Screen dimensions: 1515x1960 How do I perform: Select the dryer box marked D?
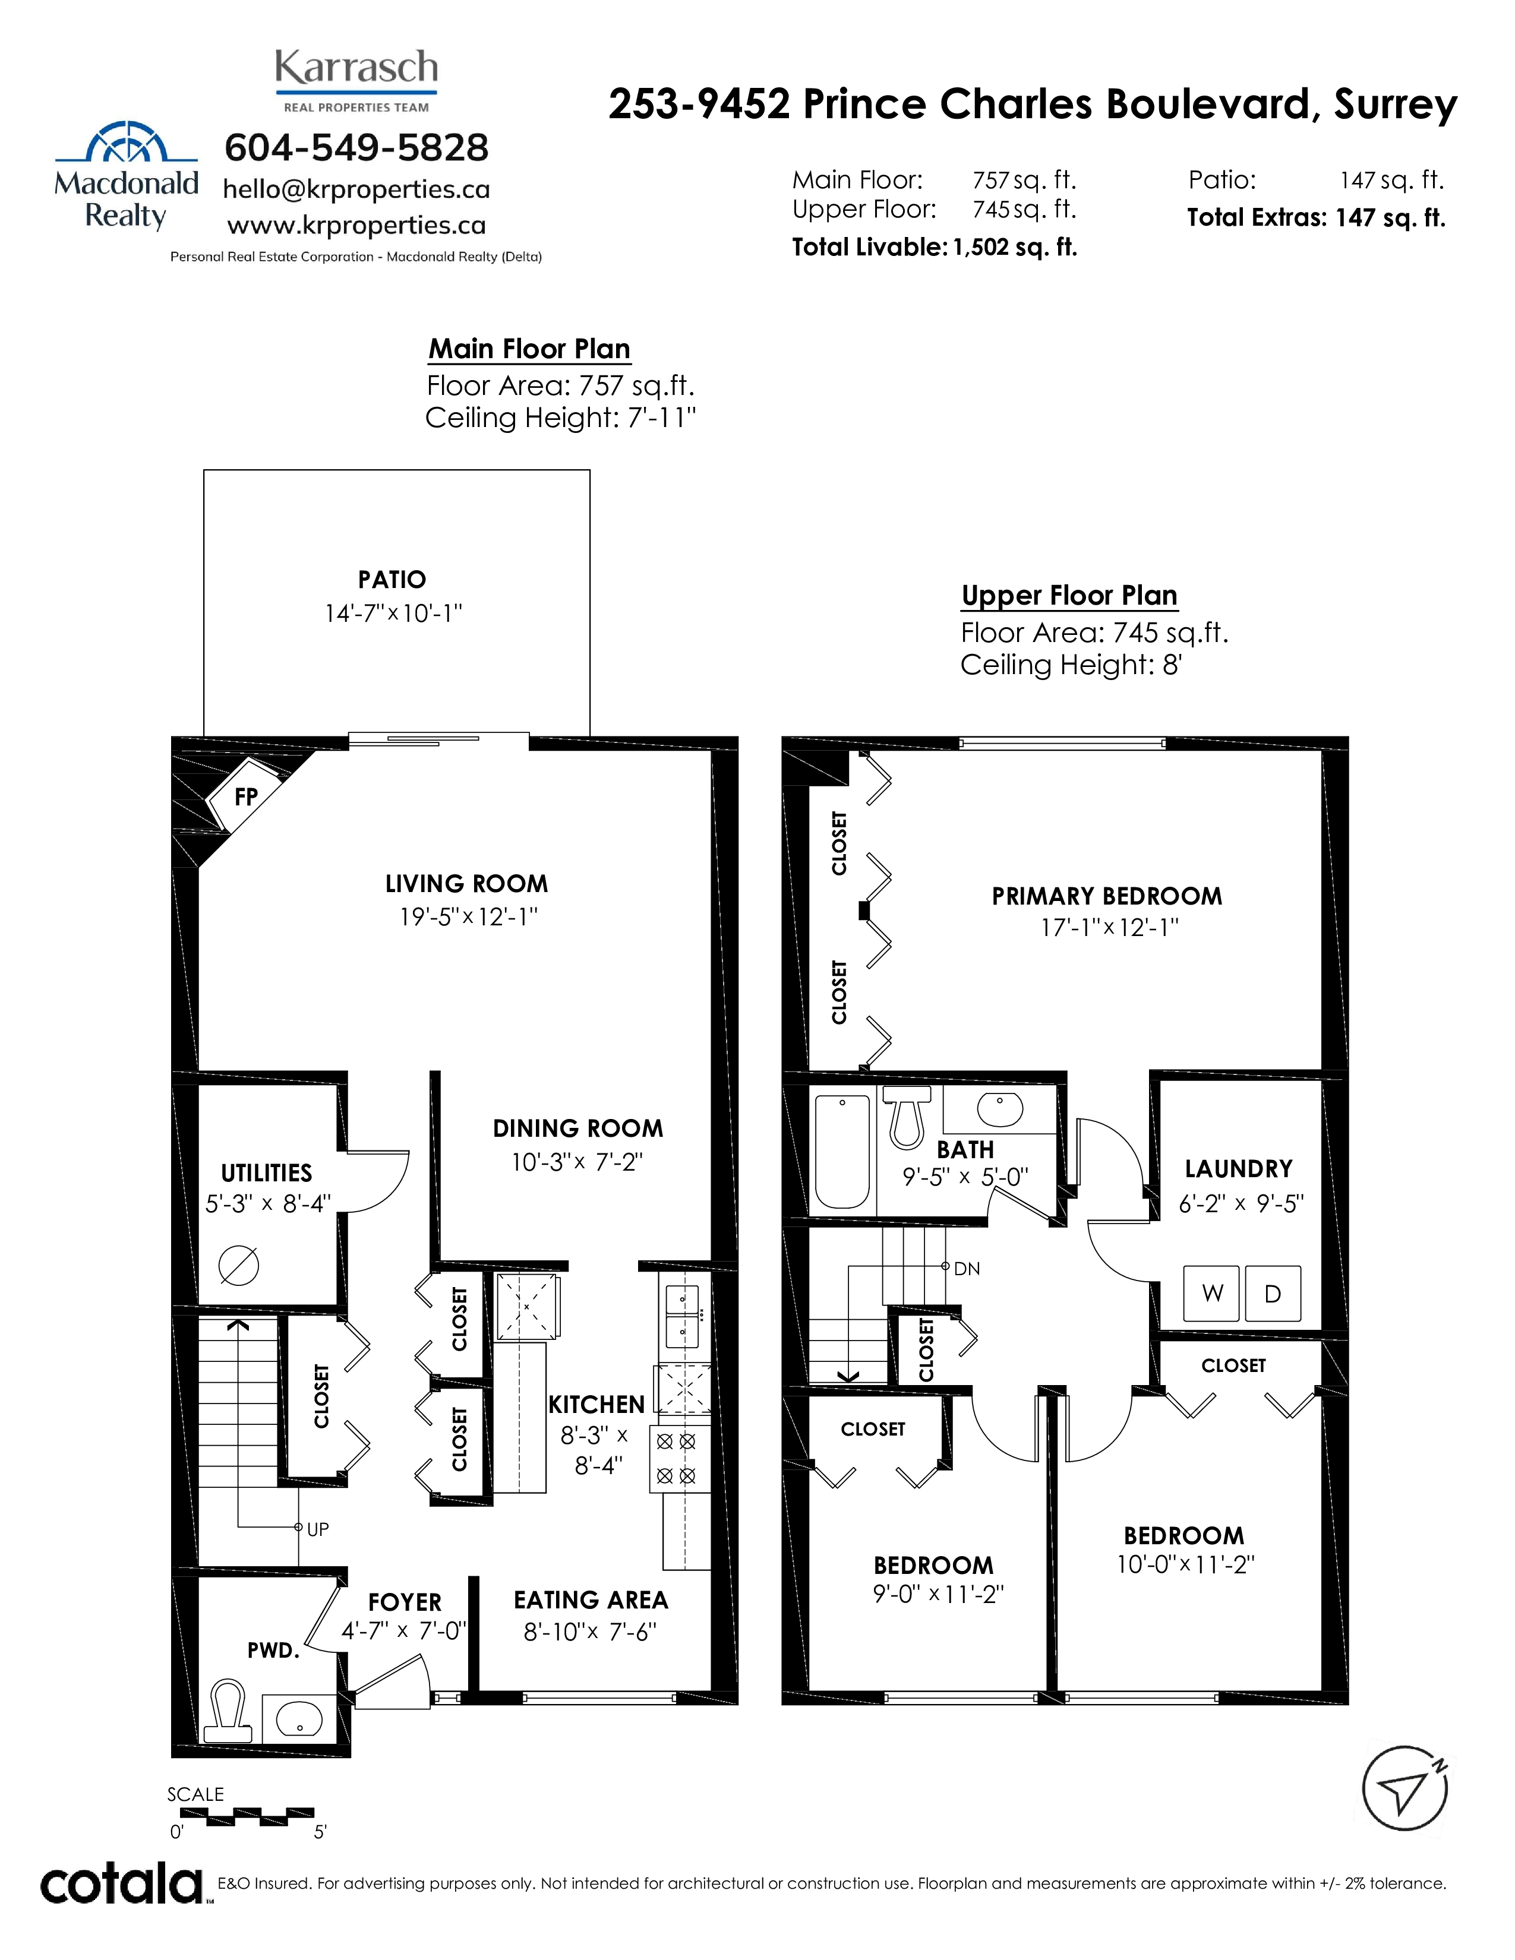click(1272, 1293)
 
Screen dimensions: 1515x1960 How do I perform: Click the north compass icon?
click(1404, 1788)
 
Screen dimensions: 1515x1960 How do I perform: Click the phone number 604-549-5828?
click(356, 147)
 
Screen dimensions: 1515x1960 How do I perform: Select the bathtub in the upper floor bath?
click(842, 1152)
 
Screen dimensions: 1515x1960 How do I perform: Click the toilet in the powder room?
click(227, 1711)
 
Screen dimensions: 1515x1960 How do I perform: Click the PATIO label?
click(392, 580)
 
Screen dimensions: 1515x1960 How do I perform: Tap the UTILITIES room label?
click(267, 1173)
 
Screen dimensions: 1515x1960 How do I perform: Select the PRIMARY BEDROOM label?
click(1107, 896)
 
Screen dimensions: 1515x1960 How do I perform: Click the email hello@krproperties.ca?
click(356, 189)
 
